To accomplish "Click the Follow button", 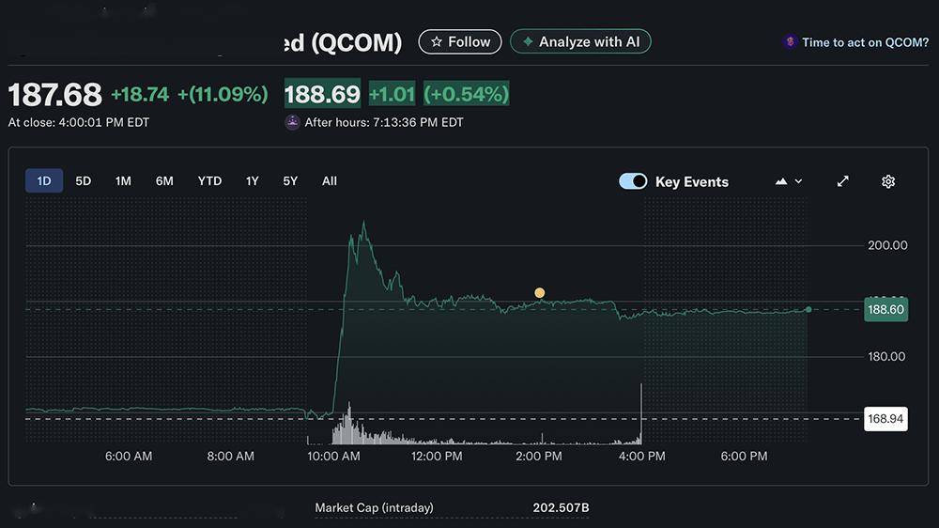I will (459, 42).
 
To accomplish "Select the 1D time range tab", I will (44, 181).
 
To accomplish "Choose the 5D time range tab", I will (84, 181).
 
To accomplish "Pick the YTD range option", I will (209, 181).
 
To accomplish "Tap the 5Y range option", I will (290, 181).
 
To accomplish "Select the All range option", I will (330, 181).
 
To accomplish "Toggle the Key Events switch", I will (633, 181).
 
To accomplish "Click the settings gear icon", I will (888, 181).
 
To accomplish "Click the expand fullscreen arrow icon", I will (843, 181).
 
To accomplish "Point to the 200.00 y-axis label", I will (887, 245).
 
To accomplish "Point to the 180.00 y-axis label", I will (887, 356).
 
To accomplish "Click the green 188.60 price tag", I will (886, 310).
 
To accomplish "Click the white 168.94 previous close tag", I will (886, 419).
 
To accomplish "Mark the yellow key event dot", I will (540, 293).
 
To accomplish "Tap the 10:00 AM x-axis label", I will (334, 457).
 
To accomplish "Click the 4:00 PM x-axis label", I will (642, 457).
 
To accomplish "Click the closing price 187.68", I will (54, 95).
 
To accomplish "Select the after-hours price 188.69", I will (322, 95).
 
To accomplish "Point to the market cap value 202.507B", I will (561, 508).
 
